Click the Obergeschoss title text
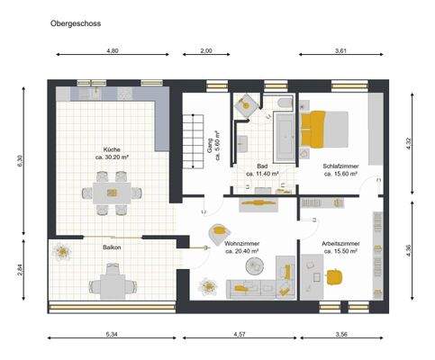[x=75, y=29]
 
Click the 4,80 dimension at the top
[x=113, y=51]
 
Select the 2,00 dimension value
[x=206, y=51]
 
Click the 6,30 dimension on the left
[x=18, y=160]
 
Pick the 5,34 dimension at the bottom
[x=112, y=335]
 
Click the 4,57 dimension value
[x=240, y=335]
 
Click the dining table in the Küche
[x=111, y=192]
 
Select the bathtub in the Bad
[x=285, y=135]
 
